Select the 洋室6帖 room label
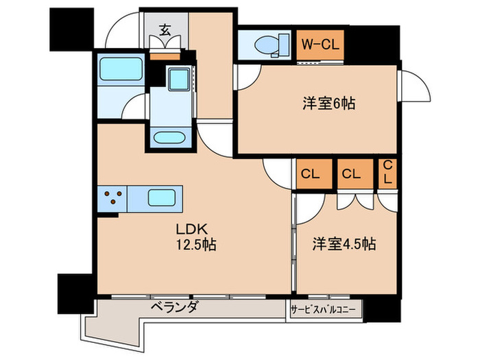click(x=328, y=104)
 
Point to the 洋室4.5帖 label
click(x=344, y=243)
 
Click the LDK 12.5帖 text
click(x=195, y=237)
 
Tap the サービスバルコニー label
click(x=323, y=309)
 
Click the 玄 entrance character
click(x=166, y=29)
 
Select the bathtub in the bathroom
click(x=120, y=70)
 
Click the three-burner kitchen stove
click(x=113, y=200)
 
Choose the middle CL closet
click(x=352, y=173)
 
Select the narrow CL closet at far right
click(x=387, y=173)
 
